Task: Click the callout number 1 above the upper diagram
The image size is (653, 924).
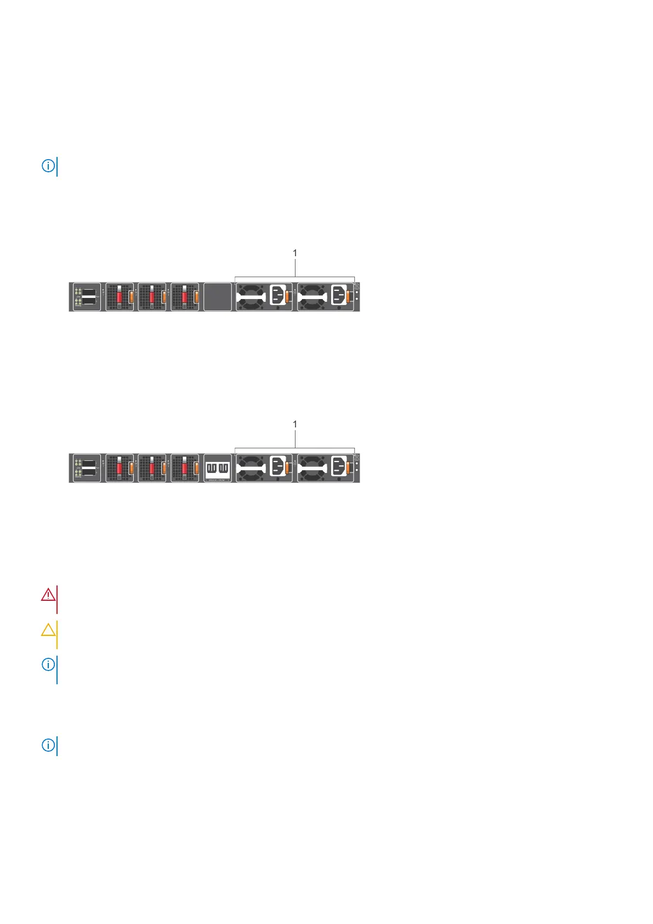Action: tap(295, 253)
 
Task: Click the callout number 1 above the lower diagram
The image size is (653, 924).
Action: tap(295, 424)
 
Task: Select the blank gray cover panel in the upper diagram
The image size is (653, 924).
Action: tap(218, 297)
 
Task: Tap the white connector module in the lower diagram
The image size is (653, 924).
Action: tap(218, 468)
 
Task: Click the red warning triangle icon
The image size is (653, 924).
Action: tap(48, 594)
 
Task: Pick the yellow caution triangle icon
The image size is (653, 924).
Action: tap(48, 629)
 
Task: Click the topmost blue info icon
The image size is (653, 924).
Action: tap(48, 166)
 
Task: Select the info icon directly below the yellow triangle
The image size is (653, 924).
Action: tap(48, 664)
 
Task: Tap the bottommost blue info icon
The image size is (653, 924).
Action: tap(48, 745)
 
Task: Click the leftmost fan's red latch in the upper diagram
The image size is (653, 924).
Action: tap(119, 297)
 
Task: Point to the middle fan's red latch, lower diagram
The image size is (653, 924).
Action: tap(152, 468)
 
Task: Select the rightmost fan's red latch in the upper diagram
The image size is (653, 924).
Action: tap(185, 297)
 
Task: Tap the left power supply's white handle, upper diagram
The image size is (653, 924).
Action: tap(252, 297)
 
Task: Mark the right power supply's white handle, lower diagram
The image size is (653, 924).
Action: tap(313, 468)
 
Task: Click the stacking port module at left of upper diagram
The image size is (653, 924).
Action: tap(87, 297)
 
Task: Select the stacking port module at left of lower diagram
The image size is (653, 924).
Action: tap(87, 468)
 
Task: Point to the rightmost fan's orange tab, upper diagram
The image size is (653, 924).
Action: tap(196, 297)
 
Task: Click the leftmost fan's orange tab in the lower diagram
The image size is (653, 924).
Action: tap(131, 468)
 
